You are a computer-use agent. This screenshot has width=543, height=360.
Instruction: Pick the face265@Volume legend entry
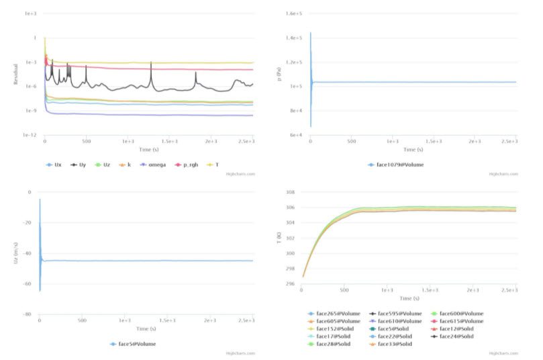[x=340, y=314]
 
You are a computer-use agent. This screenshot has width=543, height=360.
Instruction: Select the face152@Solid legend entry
[x=340, y=329]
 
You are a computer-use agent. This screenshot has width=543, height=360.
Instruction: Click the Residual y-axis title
[x=15, y=74]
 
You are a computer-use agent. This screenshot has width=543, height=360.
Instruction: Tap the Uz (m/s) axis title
[x=15, y=253]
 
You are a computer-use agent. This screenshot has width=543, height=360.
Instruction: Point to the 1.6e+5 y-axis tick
[x=293, y=14]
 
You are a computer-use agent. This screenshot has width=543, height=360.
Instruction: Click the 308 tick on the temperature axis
[x=291, y=192]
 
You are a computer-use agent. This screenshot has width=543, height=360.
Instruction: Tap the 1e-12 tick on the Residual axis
[x=29, y=135]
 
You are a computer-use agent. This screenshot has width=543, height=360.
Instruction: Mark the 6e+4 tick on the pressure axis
[x=295, y=135]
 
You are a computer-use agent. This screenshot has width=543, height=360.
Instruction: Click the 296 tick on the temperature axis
[x=291, y=284]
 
